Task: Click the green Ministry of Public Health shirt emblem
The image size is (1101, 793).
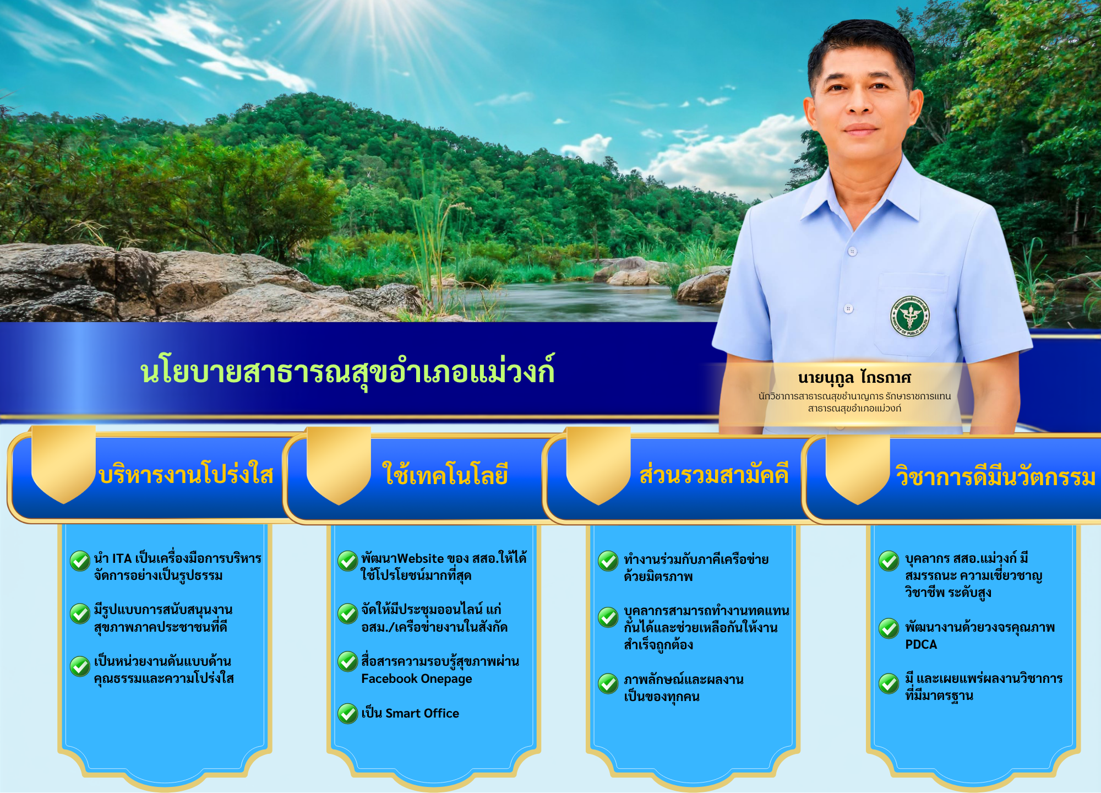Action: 910,316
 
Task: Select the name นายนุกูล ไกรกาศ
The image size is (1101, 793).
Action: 854,378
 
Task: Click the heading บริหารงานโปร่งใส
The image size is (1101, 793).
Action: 186,474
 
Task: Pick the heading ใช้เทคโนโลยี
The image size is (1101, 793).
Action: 445,474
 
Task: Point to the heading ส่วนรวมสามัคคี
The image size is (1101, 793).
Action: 714,474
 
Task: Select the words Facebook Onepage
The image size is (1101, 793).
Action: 417,679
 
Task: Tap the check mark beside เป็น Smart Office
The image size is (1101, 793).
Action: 348,714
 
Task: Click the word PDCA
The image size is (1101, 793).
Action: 921,644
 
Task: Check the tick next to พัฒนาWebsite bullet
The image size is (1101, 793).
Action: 348,561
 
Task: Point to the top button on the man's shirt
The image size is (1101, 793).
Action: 853,252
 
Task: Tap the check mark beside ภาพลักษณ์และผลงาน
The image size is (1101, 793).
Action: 608,684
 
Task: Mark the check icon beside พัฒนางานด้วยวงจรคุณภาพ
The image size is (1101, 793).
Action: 889,628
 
